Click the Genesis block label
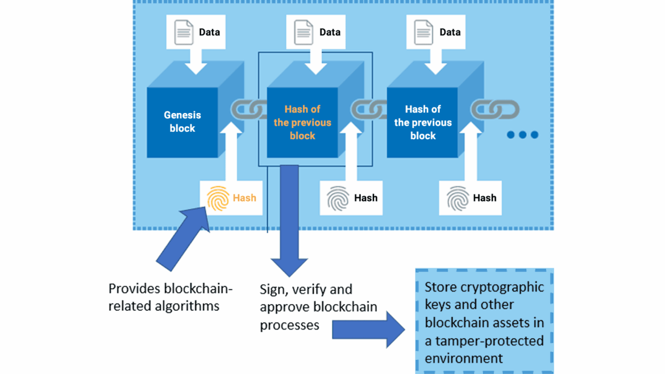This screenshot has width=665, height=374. click(x=182, y=122)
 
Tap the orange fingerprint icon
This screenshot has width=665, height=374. click(x=218, y=198)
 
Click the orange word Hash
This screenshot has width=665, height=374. click(x=244, y=198)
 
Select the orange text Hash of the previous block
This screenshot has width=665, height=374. click(x=302, y=122)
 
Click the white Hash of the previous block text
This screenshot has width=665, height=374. click(x=423, y=122)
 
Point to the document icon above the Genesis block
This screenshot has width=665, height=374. click(x=183, y=32)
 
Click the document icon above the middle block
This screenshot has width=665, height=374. click(x=304, y=32)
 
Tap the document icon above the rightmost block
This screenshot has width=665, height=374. click(x=423, y=32)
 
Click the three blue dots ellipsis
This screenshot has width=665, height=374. click(x=522, y=135)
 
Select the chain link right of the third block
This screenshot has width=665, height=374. click(x=495, y=109)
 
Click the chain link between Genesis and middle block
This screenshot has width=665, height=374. click(x=249, y=109)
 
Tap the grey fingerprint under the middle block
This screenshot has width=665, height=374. click(x=338, y=198)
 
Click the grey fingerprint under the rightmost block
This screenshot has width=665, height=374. click(x=458, y=198)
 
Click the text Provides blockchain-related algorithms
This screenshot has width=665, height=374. click(x=170, y=297)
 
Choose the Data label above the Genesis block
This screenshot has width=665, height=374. click(x=209, y=32)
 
